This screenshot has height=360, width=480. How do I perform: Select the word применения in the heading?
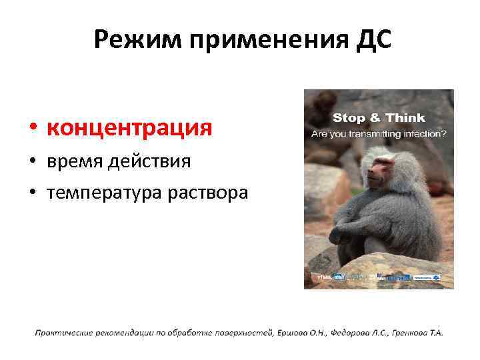(265, 42)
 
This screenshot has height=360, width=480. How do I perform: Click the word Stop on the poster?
(349, 118)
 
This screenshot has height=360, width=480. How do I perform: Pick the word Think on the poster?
(405, 118)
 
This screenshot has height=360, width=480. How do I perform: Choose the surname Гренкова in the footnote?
(411, 333)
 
